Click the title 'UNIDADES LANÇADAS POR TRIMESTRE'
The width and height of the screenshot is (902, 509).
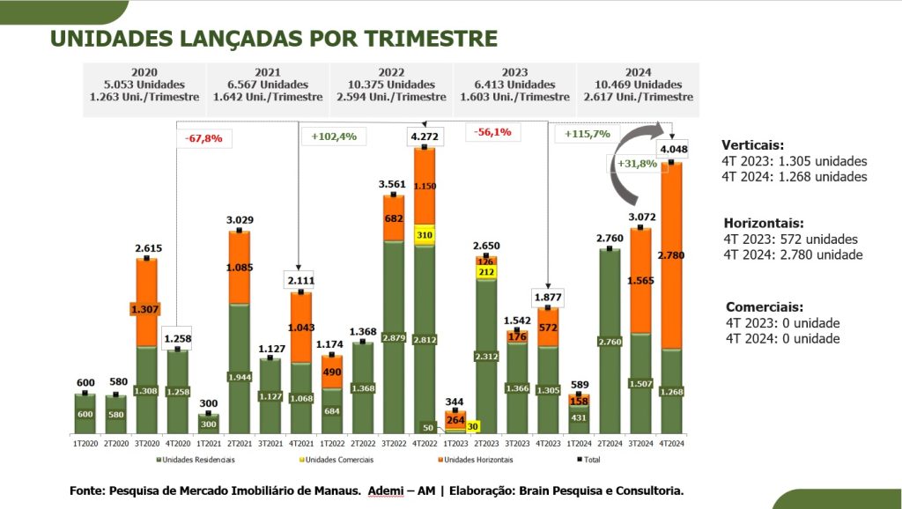pos(273,39)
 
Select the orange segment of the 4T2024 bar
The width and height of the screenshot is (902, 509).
pos(671,255)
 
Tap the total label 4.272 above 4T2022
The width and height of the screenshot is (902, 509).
pos(423,136)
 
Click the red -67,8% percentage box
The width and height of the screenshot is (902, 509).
pos(203,138)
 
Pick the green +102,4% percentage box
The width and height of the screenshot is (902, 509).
pos(333,136)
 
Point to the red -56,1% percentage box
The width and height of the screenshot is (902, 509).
pos(494,132)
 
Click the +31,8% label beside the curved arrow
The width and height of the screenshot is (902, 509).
pos(637,164)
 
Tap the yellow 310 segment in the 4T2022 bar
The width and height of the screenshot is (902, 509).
pos(424,235)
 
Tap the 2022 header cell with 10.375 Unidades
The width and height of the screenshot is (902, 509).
pos(391,85)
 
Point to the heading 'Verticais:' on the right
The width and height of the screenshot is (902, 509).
pos(752,145)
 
